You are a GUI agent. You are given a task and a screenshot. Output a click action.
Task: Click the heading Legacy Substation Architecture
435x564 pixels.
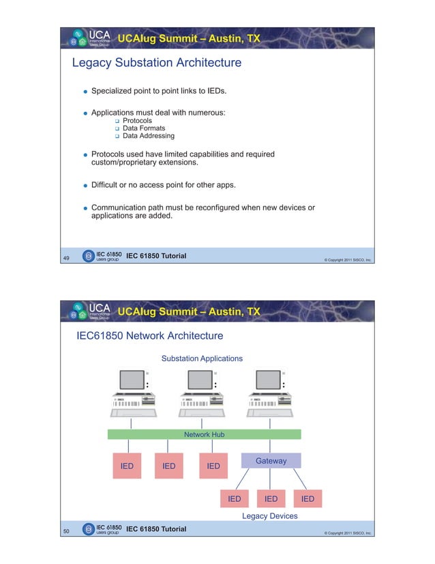pyautogui.click(x=157, y=64)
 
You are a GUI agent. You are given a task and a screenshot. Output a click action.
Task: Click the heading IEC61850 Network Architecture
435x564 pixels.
pyautogui.click(x=149, y=336)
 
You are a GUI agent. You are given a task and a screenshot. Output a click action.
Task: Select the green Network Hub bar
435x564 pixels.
pyautogui.click(x=204, y=434)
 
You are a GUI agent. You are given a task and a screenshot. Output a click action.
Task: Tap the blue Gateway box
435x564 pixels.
pyautogui.click(x=271, y=461)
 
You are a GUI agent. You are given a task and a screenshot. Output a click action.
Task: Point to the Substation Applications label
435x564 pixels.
pyautogui.click(x=201, y=358)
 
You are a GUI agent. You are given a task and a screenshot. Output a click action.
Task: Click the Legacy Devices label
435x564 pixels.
pyautogui.click(x=269, y=516)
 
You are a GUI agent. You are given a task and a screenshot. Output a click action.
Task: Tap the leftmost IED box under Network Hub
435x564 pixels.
pyautogui.click(x=127, y=466)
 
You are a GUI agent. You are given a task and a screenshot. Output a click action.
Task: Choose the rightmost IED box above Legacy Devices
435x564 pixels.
pyautogui.click(x=307, y=499)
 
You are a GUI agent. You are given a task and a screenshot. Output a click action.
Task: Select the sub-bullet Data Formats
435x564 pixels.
pyautogui.click(x=143, y=128)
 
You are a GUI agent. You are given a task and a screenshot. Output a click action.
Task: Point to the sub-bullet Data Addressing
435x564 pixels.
pyautogui.click(x=148, y=135)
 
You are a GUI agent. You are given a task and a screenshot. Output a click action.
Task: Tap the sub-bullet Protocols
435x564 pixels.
pyautogui.click(x=137, y=120)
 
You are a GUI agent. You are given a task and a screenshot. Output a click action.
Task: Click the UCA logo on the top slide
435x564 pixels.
pyautogui.click(x=89, y=39)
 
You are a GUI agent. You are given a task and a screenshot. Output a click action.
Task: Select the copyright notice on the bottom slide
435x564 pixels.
pyautogui.click(x=347, y=533)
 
